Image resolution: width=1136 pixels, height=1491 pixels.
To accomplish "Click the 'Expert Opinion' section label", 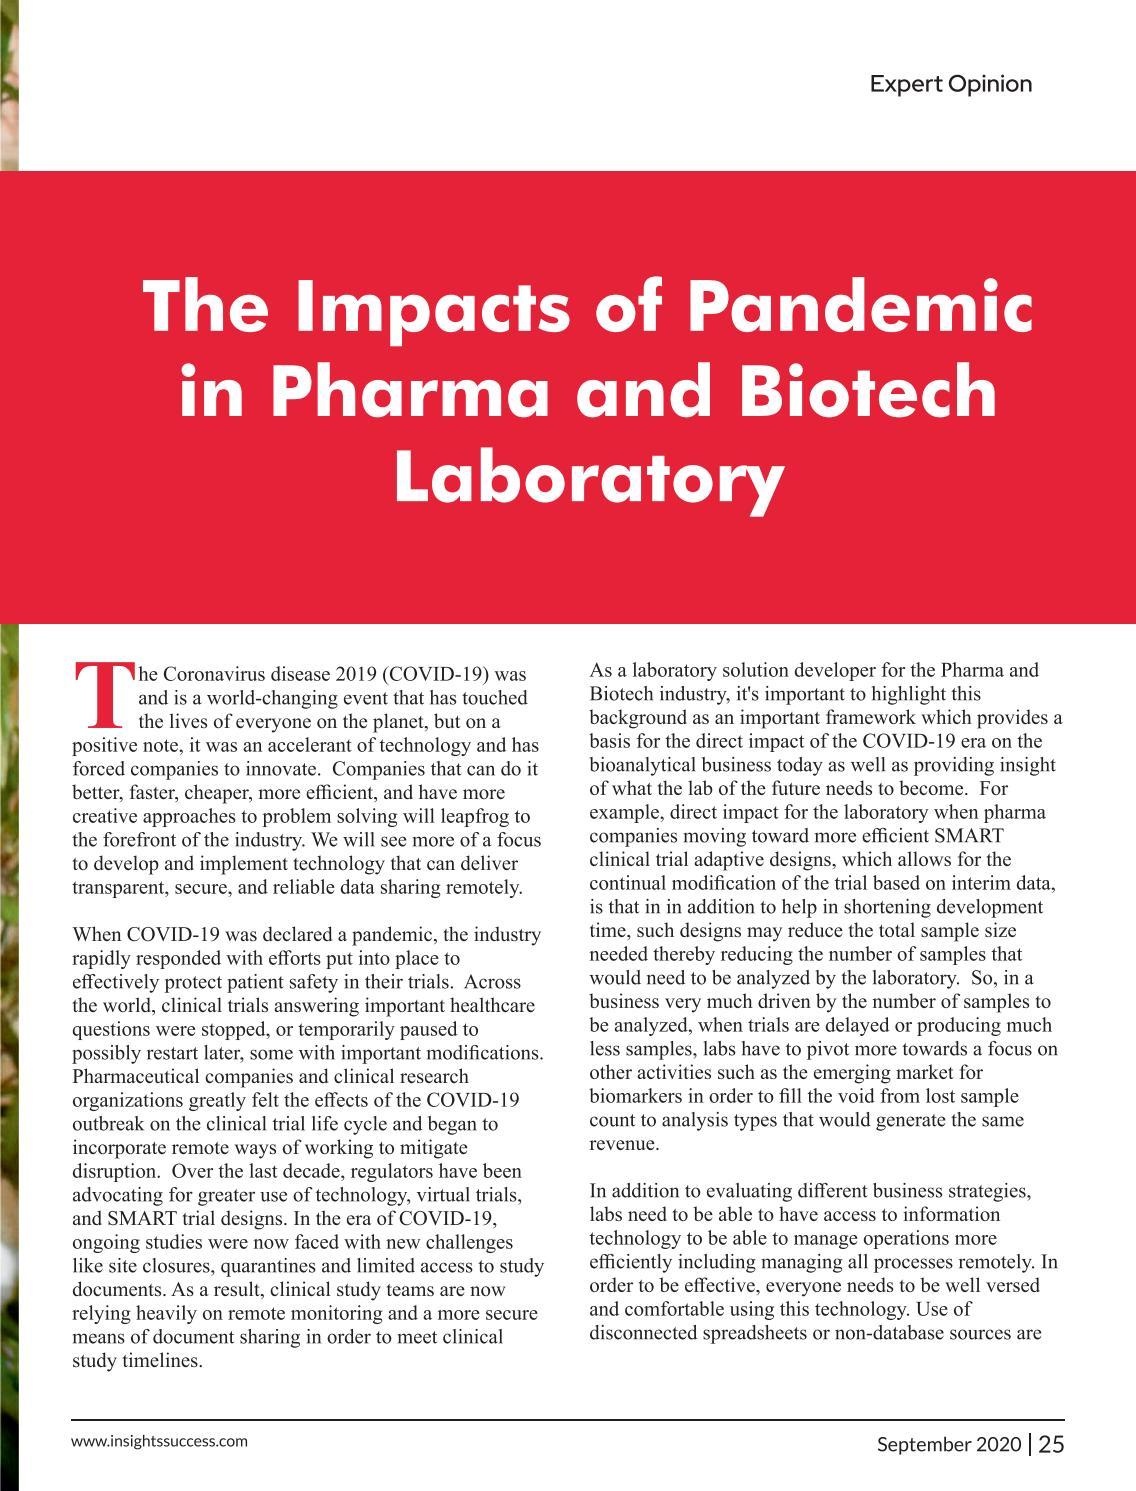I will pos(950,84).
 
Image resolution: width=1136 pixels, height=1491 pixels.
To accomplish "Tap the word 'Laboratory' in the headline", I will pos(587,477).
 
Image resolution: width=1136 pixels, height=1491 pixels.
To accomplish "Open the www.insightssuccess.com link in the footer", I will pos(160,1441).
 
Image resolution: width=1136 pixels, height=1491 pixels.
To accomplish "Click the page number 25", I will pos(1051,1444).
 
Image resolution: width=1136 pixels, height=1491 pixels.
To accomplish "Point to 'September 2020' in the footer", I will pos(949,1444).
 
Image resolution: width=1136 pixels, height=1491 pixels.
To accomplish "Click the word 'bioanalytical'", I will pos(645,765).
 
